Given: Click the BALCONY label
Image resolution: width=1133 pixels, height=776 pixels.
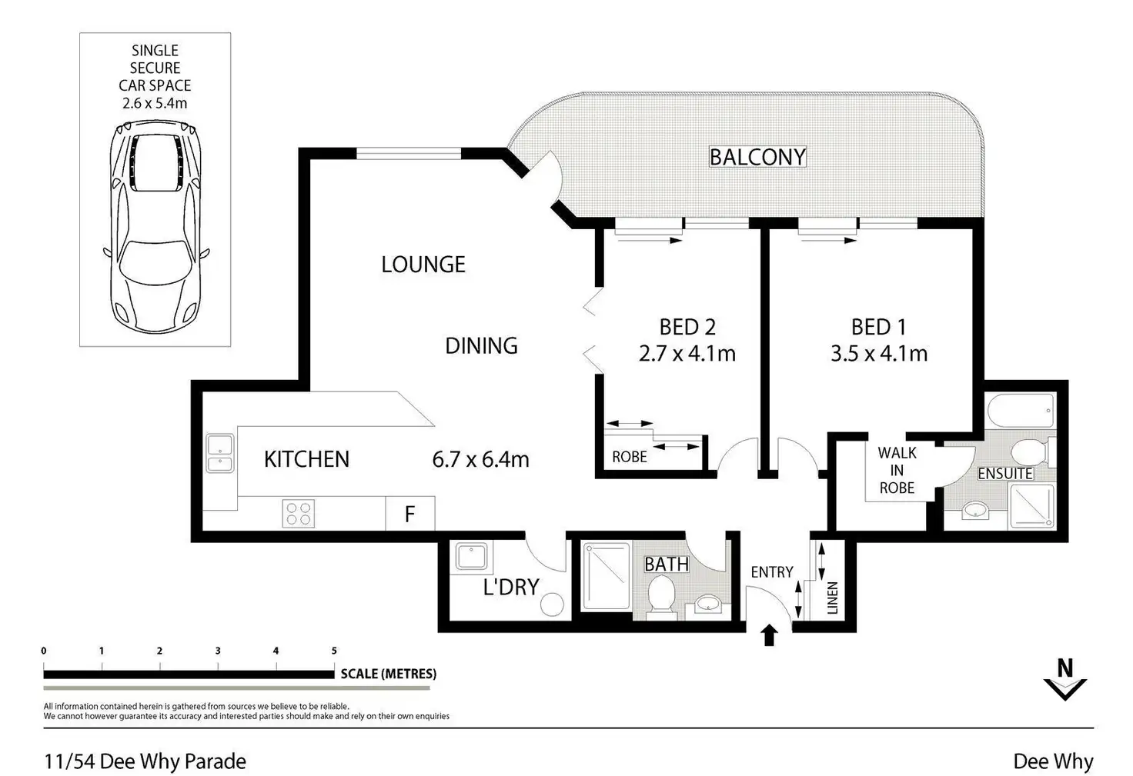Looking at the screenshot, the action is (x=757, y=157).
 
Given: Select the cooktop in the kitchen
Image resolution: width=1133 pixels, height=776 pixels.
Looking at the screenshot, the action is (x=299, y=513).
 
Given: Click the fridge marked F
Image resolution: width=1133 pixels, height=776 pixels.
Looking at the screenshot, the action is (x=410, y=514).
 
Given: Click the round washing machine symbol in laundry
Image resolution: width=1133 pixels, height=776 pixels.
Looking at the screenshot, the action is (x=552, y=604).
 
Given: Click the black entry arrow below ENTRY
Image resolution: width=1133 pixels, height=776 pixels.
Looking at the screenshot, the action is (x=769, y=636).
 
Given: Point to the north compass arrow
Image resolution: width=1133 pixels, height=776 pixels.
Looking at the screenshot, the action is (x=1064, y=680).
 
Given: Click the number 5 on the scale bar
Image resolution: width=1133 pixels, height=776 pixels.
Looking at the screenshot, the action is (x=334, y=651).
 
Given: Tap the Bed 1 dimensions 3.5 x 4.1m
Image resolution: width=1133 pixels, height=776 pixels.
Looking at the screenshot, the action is (x=878, y=354).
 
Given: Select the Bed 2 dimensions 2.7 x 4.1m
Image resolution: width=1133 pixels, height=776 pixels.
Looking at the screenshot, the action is (x=687, y=354).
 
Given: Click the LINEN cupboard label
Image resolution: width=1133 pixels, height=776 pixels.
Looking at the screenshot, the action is (x=832, y=598).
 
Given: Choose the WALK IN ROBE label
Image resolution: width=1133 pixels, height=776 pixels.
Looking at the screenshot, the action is (x=897, y=471).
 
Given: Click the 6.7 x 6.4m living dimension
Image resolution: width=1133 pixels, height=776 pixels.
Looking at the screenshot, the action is (x=480, y=460).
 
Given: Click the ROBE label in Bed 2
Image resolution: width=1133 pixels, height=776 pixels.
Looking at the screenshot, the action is (x=629, y=457).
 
